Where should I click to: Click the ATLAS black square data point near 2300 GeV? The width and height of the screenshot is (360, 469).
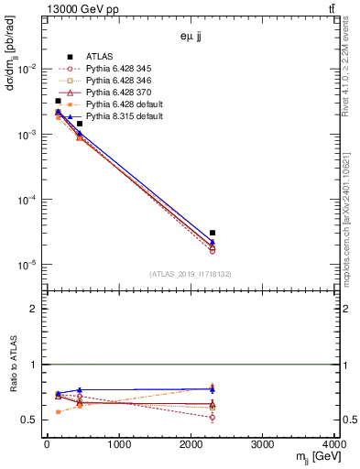213,233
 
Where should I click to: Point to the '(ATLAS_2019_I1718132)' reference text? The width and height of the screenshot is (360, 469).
191,273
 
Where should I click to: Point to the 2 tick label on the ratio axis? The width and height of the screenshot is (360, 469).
35,309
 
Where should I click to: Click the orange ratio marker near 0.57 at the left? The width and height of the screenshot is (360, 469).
58,412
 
